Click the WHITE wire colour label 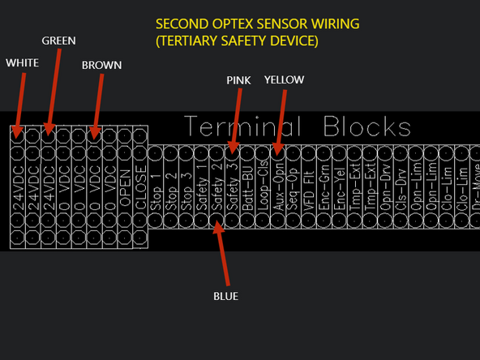point(22,62)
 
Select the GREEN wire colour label point(59,41)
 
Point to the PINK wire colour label point(239,79)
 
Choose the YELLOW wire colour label point(284,79)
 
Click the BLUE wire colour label point(225,296)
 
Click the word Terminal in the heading point(243,127)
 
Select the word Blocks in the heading point(367,127)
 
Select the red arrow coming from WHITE point(19,101)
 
